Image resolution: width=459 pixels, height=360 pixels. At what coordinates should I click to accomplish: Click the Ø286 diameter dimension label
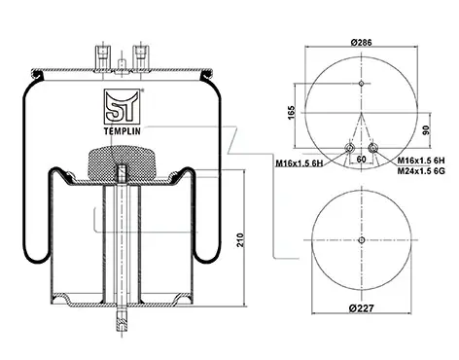(x=361, y=42)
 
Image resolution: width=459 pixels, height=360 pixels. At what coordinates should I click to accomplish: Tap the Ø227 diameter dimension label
(x=362, y=307)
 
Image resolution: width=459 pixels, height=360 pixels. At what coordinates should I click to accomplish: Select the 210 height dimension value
(x=240, y=240)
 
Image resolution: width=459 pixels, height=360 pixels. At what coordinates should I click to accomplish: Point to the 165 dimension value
(x=292, y=112)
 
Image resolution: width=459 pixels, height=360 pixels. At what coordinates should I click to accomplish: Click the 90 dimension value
(x=426, y=130)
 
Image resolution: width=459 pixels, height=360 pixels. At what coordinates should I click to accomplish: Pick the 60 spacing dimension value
(x=361, y=159)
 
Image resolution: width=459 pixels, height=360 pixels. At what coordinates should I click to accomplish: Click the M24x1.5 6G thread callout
(x=421, y=170)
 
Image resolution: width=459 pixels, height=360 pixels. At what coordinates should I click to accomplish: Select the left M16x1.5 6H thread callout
(x=300, y=163)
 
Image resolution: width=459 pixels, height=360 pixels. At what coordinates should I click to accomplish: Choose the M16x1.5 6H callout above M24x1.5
(x=421, y=161)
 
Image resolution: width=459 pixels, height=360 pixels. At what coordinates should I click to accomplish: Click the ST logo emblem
(x=122, y=106)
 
